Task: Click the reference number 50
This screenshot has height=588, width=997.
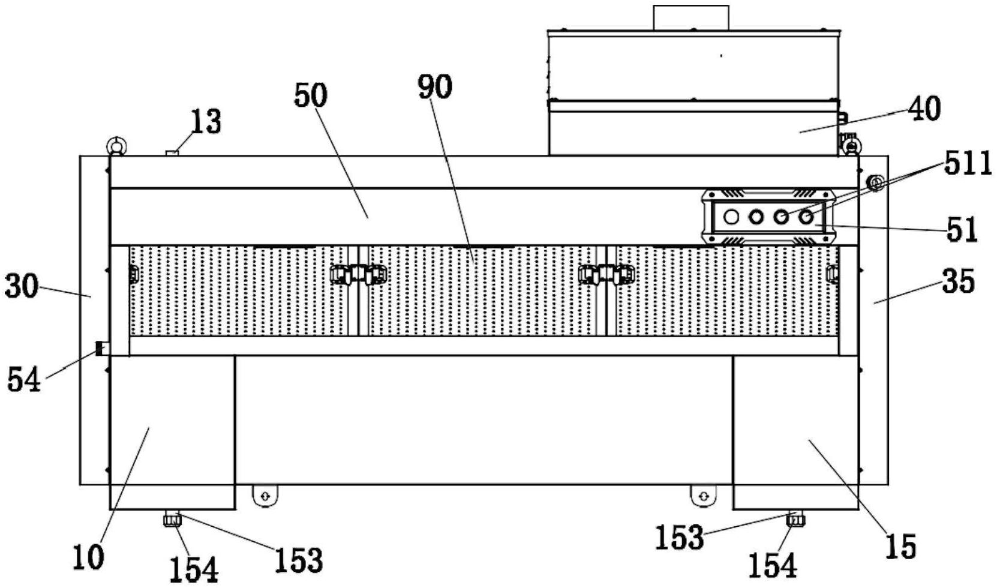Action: click(311, 95)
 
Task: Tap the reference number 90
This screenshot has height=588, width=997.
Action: click(435, 87)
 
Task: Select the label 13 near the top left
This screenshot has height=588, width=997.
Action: click(206, 122)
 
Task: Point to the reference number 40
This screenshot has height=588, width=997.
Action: click(924, 109)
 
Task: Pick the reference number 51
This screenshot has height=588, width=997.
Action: click(962, 229)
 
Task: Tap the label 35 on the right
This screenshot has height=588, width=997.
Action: click(958, 281)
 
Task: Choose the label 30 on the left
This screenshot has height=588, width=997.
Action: click(22, 286)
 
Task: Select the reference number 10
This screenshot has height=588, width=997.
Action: click(89, 557)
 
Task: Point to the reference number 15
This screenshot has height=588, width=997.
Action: click(900, 546)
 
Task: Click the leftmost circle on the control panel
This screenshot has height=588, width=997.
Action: click(731, 217)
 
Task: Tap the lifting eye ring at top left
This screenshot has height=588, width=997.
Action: click(116, 145)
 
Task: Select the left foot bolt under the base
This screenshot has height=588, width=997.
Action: click(172, 518)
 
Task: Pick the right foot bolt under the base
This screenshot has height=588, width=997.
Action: click(796, 518)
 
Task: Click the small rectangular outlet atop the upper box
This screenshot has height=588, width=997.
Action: click(691, 18)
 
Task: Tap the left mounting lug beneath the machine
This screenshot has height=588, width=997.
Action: click(265, 496)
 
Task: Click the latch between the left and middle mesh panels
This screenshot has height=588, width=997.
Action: click(358, 274)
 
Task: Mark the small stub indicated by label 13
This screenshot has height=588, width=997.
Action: click(172, 153)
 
